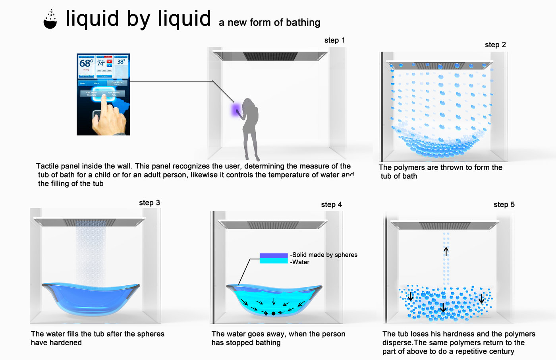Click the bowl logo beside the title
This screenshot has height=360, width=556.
tap(50, 20)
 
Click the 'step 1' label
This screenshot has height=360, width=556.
tap(334, 40)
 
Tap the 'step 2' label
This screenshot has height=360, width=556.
tap(495, 45)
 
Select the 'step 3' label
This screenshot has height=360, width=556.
tap(149, 203)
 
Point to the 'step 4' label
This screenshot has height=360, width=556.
tap(331, 205)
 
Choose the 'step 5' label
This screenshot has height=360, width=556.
tap(504, 205)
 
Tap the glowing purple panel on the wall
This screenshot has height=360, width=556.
tap(236, 109)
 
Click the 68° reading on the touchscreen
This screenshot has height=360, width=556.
tap(86, 63)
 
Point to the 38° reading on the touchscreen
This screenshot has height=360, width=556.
tap(121, 62)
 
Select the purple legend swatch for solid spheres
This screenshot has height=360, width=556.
tap(273, 255)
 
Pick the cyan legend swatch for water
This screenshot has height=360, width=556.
tap(273, 261)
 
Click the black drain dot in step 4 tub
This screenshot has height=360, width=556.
tap(273, 314)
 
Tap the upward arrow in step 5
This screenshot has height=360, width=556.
tap(446, 252)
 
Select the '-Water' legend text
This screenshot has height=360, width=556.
tap(300, 262)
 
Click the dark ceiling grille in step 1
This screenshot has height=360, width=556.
tap(270, 56)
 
